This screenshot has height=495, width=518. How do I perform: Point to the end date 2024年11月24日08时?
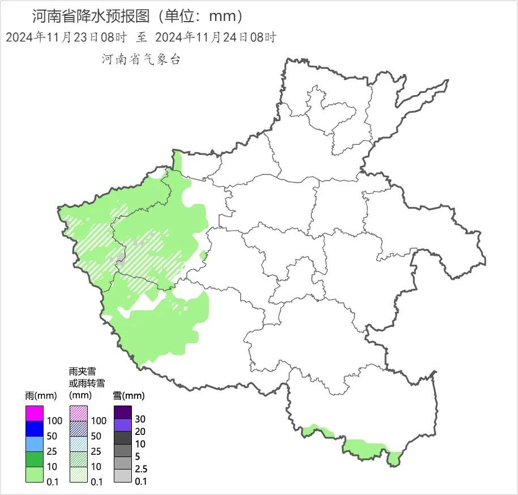click(215, 38)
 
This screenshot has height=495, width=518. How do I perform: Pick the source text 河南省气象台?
click(141, 59)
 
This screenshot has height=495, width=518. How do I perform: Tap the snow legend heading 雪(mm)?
click(129, 395)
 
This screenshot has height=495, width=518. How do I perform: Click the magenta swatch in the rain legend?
click(35, 413)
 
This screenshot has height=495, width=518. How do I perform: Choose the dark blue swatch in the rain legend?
click(35, 429)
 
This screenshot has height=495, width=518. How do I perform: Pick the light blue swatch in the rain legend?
click(35, 444)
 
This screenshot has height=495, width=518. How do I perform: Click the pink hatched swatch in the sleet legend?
click(78, 413)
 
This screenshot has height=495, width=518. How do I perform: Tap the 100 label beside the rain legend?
click(55, 421)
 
